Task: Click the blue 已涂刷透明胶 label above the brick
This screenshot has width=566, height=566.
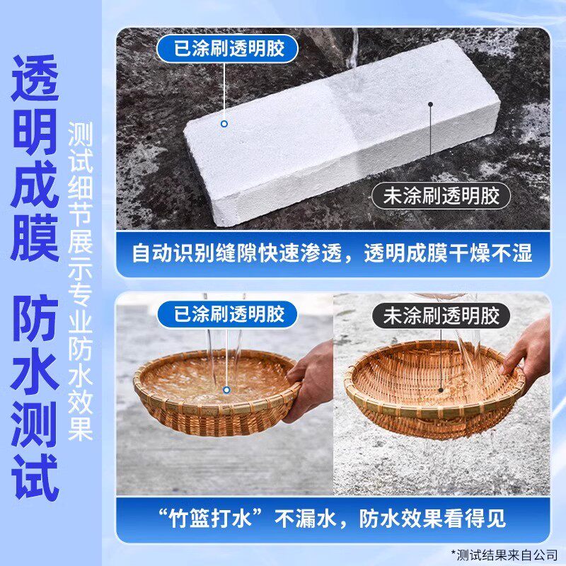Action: pyautogui.click(x=227, y=49)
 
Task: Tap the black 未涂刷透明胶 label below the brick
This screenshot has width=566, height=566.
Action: pyautogui.click(x=441, y=196)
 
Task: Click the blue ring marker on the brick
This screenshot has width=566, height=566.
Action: pyautogui.click(x=224, y=124)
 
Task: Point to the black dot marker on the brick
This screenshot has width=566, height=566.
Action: pyautogui.click(x=430, y=104)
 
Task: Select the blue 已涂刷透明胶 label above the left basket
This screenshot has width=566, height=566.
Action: pyautogui.click(x=227, y=314)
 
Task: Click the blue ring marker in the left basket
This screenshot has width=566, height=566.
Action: pyautogui.click(x=226, y=390)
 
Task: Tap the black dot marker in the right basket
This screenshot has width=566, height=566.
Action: pyautogui.click(x=440, y=391)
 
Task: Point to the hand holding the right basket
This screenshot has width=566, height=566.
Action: pyautogui.click(x=528, y=347)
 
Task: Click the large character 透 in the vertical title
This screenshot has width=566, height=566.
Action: pyautogui.click(x=35, y=79)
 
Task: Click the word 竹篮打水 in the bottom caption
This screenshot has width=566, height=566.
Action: pyautogui.click(x=210, y=519)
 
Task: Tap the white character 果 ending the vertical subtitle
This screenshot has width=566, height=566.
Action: pyautogui.click(x=80, y=429)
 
